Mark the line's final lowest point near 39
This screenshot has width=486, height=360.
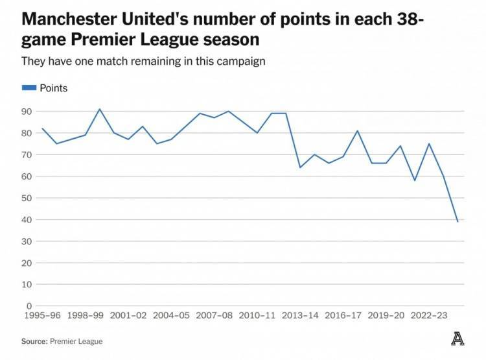[457, 222]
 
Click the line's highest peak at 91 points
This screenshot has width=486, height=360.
[99, 109]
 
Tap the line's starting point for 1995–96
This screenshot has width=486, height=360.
[42, 128]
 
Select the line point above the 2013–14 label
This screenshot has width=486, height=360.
[300, 167]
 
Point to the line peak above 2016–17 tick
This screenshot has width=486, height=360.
[357, 130]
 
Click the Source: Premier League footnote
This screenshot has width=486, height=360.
[62, 341]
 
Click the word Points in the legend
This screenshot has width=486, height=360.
[54, 88]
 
